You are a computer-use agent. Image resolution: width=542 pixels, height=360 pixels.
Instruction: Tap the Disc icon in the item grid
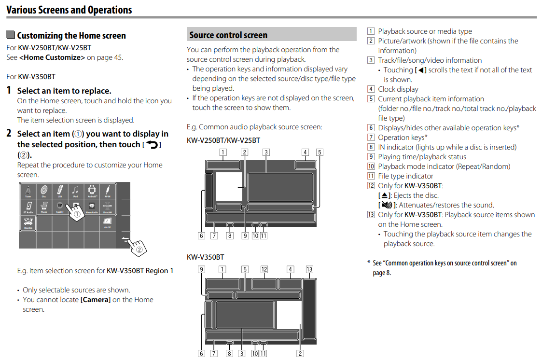pyautogui.click(x=43, y=191)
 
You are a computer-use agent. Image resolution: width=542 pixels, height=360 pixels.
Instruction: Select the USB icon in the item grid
pyautogui.click(x=60, y=191)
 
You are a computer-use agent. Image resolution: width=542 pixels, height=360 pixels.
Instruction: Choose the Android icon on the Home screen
pyautogui.click(x=92, y=191)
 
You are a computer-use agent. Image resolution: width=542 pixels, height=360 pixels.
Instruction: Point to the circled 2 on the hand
pyautogui.click(x=139, y=249)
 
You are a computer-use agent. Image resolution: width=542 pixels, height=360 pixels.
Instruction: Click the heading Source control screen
pyautogui.click(x=228, y=35)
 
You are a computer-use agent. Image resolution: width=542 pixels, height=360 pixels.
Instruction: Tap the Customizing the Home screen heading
pyautogui.click(x=71, y=36)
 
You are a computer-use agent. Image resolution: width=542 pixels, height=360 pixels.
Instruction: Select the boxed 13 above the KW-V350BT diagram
pyautogui.click(x=309, y=270)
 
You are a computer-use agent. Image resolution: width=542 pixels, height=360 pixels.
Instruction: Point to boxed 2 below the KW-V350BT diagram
pyautogui.click(x=300, y=354)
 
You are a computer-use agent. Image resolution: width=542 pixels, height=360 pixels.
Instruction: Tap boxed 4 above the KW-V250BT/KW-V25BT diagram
pyautogui.click(x=305, y=152)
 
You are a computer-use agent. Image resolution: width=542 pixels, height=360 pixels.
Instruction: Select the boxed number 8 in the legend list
pyautogui.click(x=371, y=147)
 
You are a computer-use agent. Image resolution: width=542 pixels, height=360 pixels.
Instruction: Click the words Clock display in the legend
pyautogui.click(x=398, y=89)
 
